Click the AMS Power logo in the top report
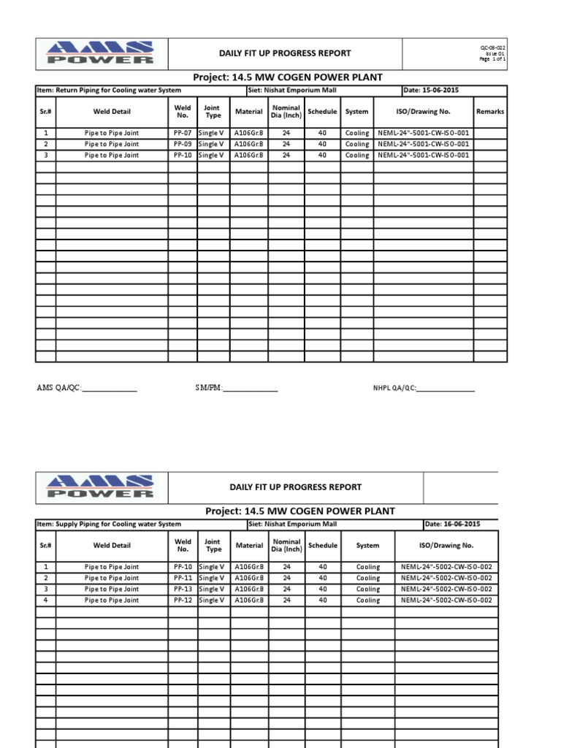(100, 53)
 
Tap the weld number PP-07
(183, 134)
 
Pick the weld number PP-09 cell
(183, 145)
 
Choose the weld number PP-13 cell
(183, 589)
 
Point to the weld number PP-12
(183, 600)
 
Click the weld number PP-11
(183, 579)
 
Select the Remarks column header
(490, 112)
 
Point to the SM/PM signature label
(203, 388)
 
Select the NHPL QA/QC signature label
(394, 389)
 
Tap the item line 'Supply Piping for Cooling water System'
(109, 524)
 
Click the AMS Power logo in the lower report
(100, 486)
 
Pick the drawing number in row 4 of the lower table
(446, 600)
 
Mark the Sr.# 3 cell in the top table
(45, 156)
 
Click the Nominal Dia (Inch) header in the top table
(286, 112)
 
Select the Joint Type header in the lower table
(213, 546)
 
